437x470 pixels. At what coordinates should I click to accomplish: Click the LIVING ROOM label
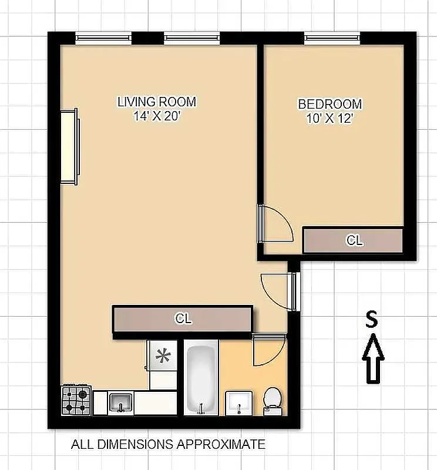156,102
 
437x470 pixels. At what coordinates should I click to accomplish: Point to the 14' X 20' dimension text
156,116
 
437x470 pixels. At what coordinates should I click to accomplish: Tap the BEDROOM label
330,105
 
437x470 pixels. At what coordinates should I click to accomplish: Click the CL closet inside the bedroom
353,240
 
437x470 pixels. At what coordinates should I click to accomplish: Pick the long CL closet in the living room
183,319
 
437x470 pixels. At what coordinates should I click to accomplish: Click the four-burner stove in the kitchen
76,399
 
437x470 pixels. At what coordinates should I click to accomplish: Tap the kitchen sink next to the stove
121,403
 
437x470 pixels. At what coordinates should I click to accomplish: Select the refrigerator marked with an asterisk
162,355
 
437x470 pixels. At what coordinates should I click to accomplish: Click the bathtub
201,380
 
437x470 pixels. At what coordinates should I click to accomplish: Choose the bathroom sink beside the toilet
240,403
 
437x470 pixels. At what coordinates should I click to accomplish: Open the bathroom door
268,350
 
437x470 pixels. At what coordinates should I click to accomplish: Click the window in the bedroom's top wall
332,38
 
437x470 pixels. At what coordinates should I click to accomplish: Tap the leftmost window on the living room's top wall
103,38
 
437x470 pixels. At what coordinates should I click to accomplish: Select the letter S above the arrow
371,319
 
